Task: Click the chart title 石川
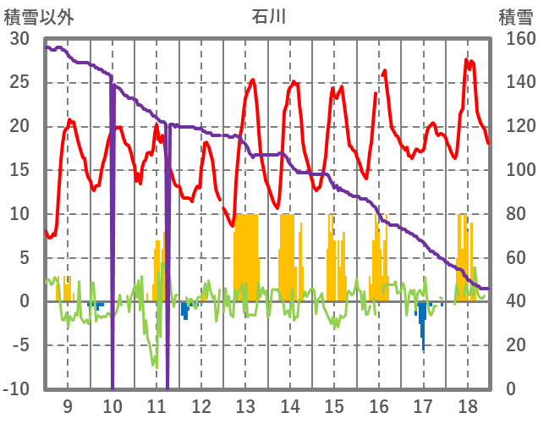(269, 16)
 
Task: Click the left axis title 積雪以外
(40, 16)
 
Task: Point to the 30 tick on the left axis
(19, 39)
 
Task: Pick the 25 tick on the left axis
(19, 83)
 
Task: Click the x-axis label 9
(67, 405)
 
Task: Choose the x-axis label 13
(244, 405)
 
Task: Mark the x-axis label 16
(378, 405)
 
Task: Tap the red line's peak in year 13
(253, 80)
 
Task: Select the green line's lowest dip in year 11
(155, 366)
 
